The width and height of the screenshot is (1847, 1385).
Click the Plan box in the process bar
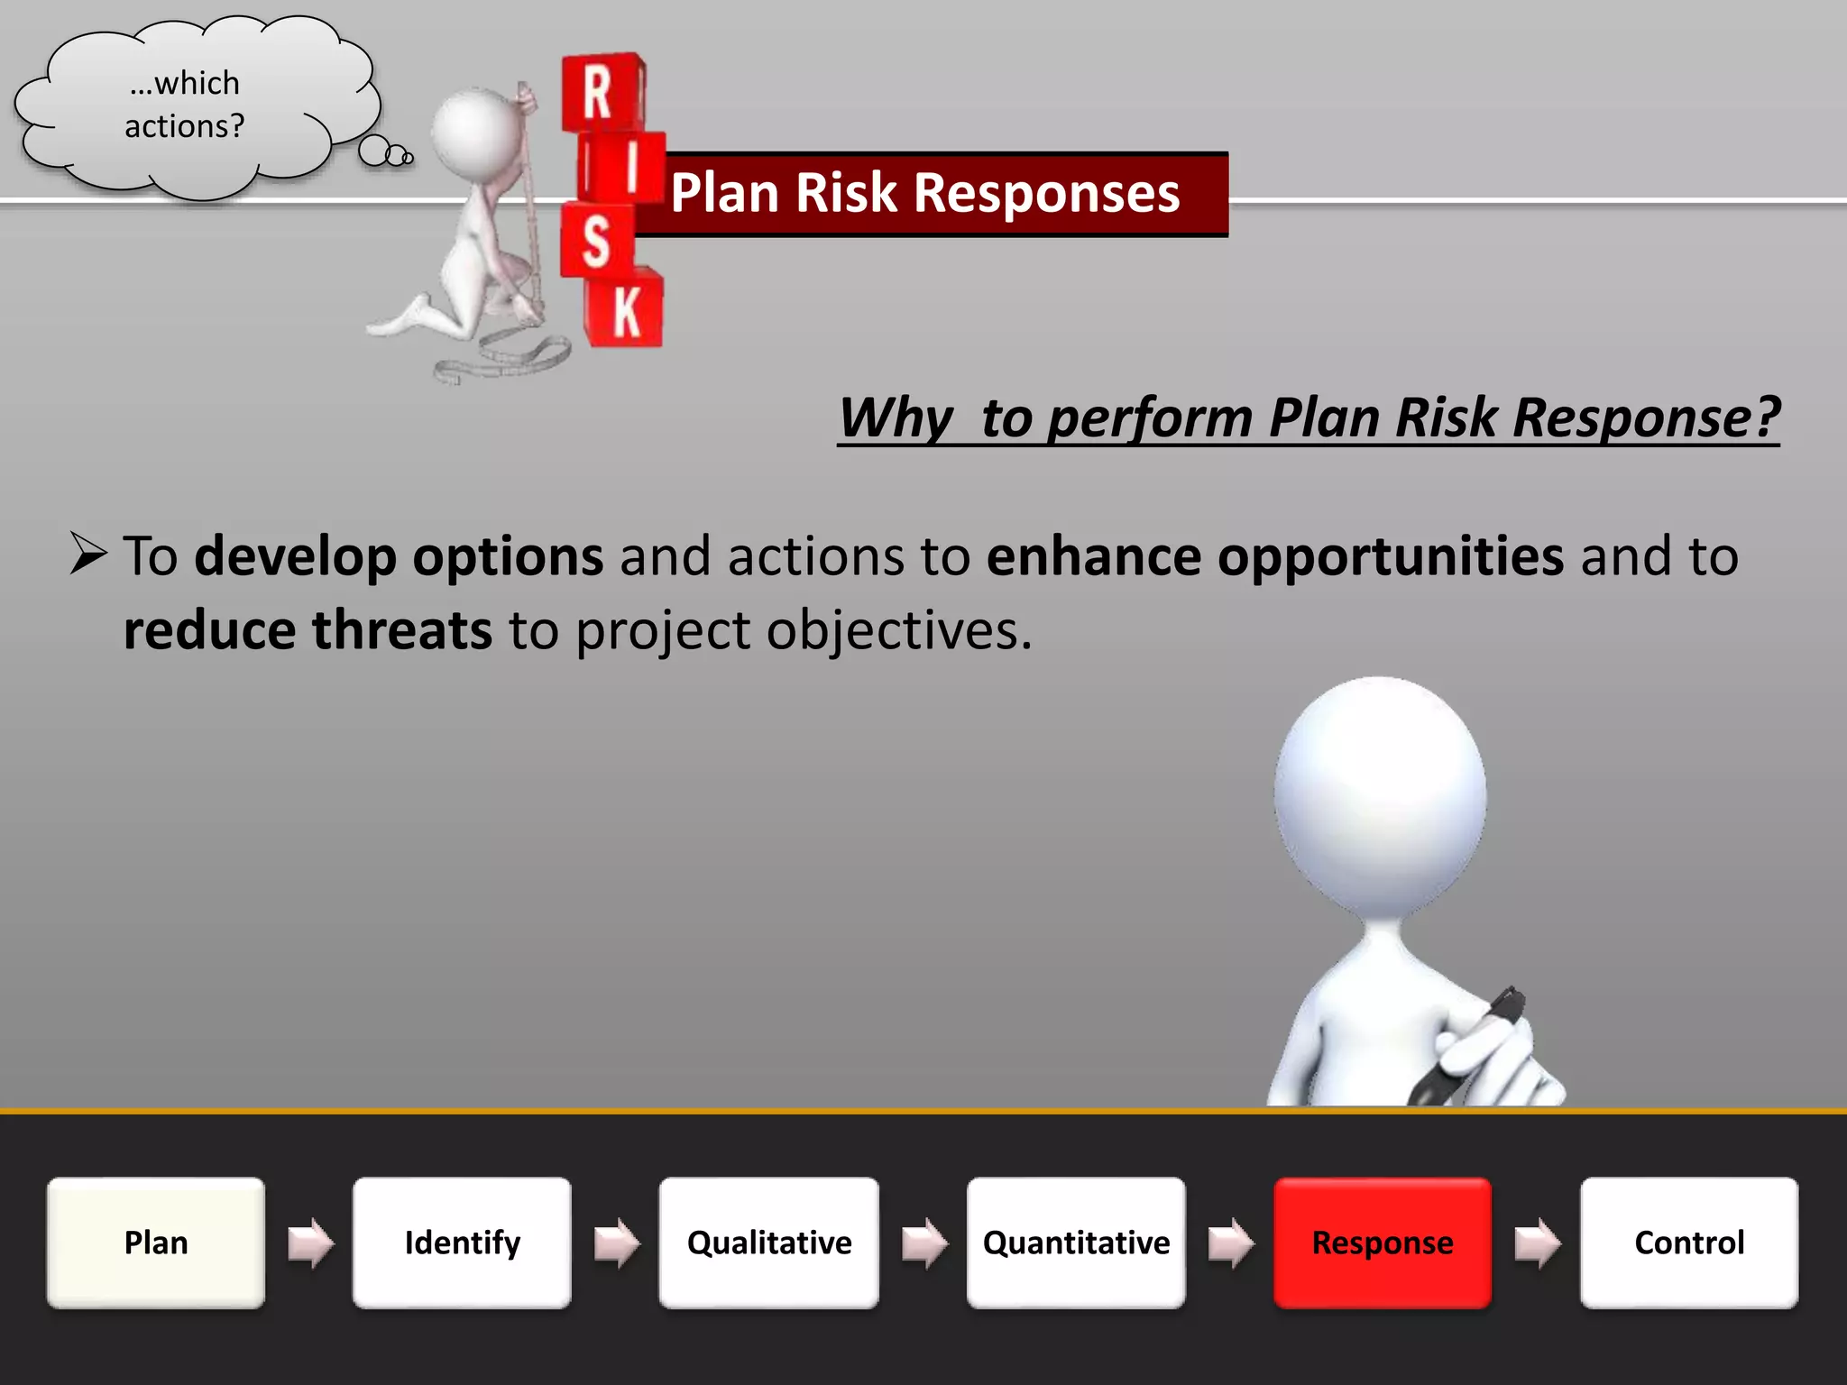156,1243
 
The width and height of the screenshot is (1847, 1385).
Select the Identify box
462,1243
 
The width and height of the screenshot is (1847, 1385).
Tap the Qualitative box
768,1243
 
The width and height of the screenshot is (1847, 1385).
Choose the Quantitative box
1076,1243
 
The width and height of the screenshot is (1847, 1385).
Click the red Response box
1383,1243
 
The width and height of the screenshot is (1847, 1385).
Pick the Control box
1689,1243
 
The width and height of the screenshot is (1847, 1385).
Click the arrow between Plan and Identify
310,1243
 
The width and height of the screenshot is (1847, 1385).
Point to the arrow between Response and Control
1537,1243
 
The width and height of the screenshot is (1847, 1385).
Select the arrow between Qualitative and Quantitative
924,1243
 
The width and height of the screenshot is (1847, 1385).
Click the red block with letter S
596,241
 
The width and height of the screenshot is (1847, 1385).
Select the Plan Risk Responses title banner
929,194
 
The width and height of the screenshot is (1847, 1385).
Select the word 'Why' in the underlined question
896,418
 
